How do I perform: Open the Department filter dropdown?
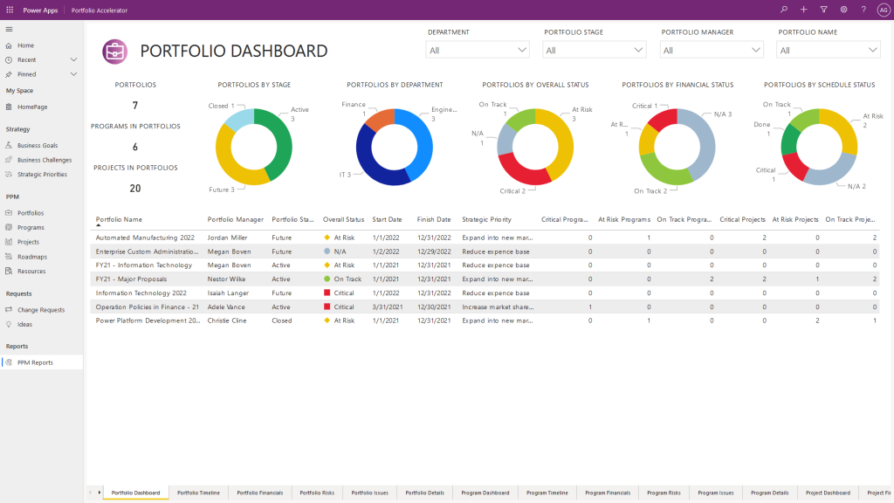click(478, 51)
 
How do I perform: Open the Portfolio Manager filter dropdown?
click(712, 51)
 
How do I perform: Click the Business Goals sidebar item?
click(38, 146)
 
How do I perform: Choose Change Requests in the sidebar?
click(40, 310)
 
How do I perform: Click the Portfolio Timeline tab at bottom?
click(198, 493)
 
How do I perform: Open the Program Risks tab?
click(664, 493)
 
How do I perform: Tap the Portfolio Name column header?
click(119, 219)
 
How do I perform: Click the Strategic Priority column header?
click(486, 219)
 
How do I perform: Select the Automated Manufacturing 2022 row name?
click(144, 238)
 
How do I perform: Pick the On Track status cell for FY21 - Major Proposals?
click(347, 279)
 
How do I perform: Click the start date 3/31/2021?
click(387, 307)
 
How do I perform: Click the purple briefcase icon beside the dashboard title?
click(115, 52)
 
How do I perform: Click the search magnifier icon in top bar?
click(784, 10)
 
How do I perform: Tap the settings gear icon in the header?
click(843, 10)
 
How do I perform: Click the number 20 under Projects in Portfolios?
click(135, 188)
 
